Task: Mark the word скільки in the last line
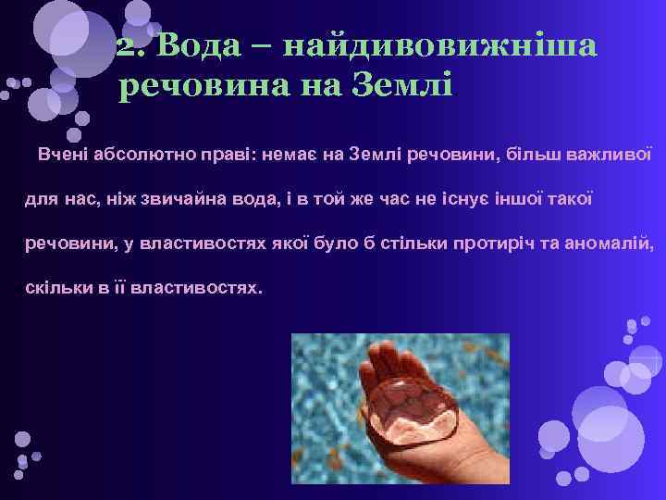click(x=53, y=289)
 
